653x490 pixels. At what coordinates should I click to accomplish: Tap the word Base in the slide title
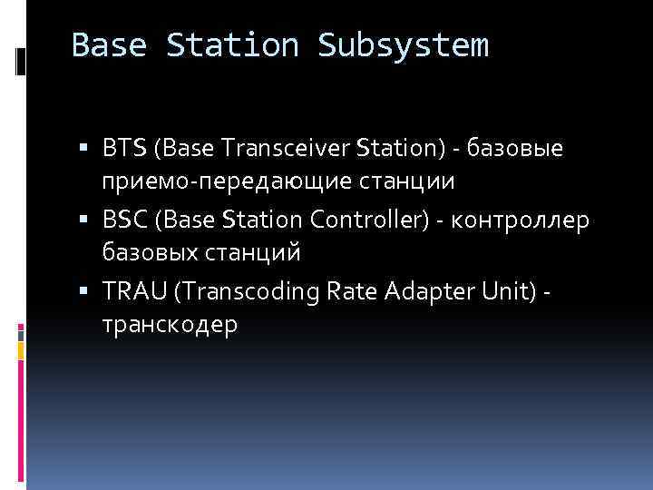coord(109,45)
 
